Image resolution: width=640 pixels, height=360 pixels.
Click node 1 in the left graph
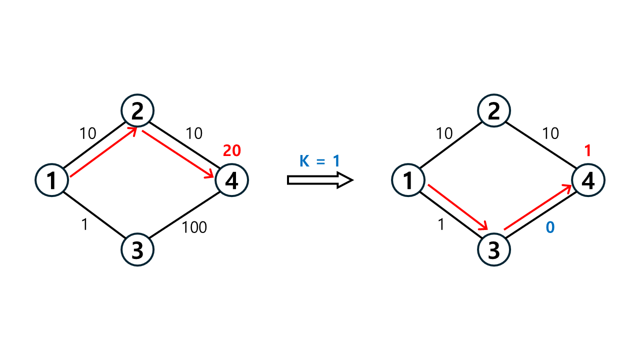pos(51,180)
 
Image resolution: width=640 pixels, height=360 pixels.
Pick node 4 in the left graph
pos(231,180)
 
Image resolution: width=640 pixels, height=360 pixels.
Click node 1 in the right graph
pos(408,180)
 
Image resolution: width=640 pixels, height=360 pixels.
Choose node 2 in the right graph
pos(493,110)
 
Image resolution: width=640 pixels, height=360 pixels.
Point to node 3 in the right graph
pos(493,250)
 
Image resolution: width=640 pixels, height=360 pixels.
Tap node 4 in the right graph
pos(588,180)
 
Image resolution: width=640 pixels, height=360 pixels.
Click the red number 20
pos(232,150)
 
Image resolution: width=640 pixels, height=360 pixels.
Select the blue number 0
pos(550,227)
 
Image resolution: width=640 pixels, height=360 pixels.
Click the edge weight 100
pos(194,227)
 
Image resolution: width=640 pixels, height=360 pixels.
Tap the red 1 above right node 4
pos(588,150)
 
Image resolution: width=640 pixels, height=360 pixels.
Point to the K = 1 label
pos(319,161)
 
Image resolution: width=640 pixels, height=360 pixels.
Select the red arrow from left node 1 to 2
pos(102,152)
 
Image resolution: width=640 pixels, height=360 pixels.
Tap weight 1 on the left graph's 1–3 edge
pos(84,225)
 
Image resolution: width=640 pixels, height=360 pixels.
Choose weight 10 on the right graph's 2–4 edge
pos(550,133)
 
